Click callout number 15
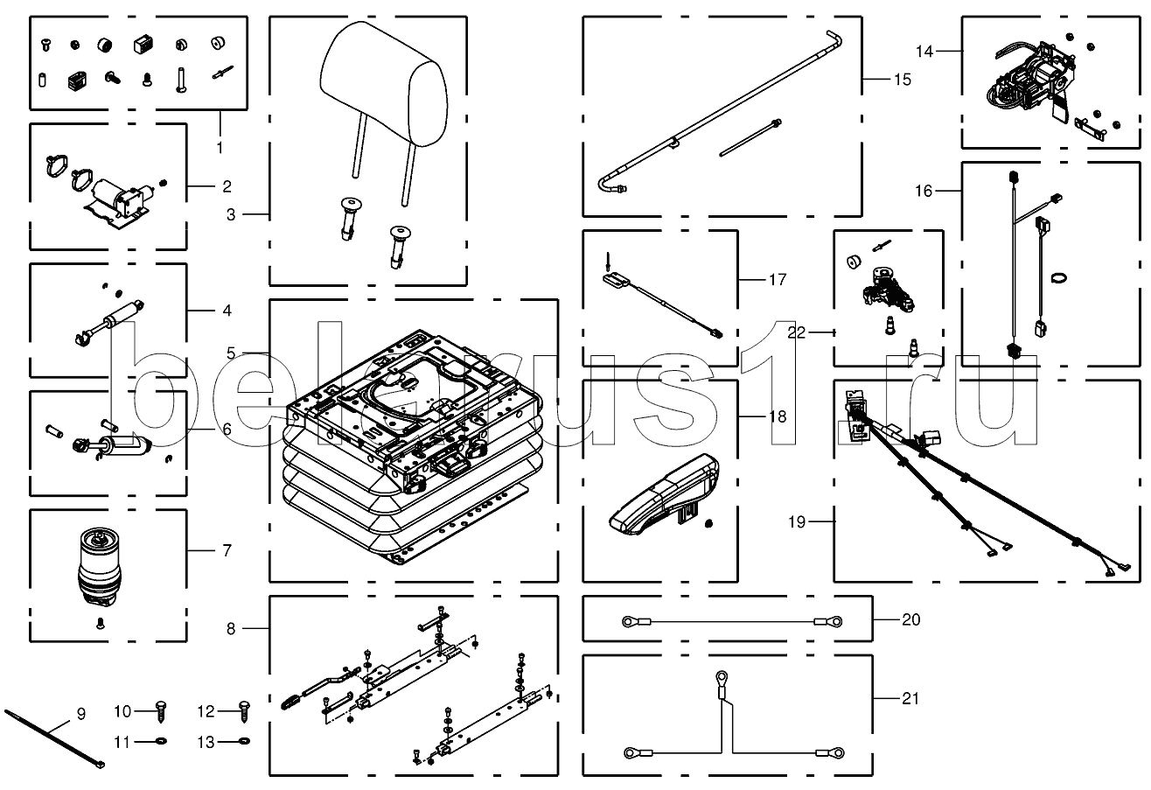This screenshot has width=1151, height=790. coord(902,80)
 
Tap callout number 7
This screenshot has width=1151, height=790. coord(227,550)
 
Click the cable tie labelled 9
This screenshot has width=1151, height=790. coord(52,738)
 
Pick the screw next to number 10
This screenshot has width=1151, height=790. coord(160,710)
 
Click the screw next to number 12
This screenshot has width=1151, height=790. coord(244,710)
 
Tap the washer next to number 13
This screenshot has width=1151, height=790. coord(244,743)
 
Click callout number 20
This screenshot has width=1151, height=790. coord(910,619)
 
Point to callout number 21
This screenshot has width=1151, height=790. coord(910,698)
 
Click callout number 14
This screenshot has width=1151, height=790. coord(926,52)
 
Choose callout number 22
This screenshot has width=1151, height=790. coord(795,332)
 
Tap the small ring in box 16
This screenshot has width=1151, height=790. coord(1059,278)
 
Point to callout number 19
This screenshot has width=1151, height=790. coord(795,522)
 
